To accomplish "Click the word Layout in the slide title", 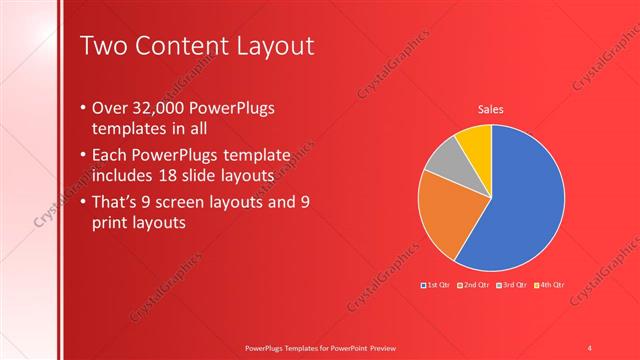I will click(273, 46).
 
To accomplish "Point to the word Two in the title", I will click(104, 46).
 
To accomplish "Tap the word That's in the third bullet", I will click(116, 201).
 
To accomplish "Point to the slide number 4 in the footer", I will click(589, 347).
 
